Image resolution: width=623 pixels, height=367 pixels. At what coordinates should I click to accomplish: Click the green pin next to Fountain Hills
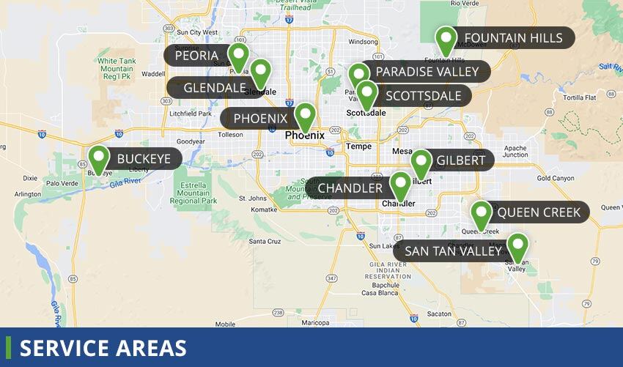click(446, 40)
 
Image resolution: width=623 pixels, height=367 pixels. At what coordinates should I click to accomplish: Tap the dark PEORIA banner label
click(196, 56)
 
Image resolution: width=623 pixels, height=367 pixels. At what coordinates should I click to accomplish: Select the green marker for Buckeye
click(98, 160)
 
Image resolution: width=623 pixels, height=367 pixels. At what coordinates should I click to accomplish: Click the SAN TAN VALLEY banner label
click(453, 251)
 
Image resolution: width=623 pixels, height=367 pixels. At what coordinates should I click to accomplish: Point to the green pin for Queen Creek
click(481, 215)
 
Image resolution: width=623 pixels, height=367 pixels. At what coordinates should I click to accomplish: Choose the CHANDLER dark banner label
click(350, 188)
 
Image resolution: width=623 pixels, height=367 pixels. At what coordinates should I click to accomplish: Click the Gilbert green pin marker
click(421, 163)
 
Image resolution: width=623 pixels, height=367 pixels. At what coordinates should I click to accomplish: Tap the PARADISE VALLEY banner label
click(427, 72)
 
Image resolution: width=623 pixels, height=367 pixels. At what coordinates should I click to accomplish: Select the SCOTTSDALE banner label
click(423, 95)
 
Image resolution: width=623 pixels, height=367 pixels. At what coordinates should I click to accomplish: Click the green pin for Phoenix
click(305, 116)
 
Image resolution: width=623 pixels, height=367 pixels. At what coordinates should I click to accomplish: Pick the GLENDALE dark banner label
click(214, 88)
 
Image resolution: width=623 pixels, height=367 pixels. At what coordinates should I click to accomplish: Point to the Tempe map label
click(358, 146)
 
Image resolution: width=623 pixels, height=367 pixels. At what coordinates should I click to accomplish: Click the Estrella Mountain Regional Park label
click(193, 191)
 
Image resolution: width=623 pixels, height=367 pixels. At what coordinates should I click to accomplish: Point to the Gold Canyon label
click(554, 178)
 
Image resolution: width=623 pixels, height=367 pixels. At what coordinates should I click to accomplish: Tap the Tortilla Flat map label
click(580, 97)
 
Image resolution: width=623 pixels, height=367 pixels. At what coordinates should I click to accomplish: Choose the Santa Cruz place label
click(265, 241)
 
